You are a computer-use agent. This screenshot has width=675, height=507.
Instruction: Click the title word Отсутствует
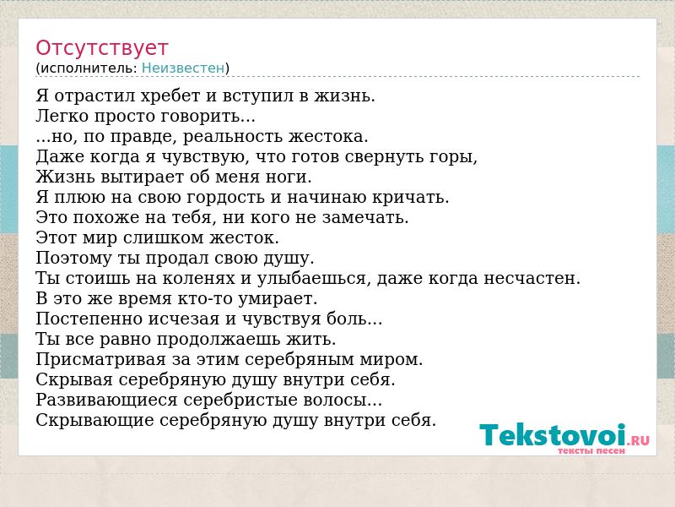coord(101,48)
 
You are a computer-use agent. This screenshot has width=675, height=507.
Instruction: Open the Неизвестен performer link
coord(183,68)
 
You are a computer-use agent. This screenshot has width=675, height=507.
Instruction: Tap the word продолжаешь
coord(219,340)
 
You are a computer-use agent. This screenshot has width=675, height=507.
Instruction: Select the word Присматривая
coord(100,360)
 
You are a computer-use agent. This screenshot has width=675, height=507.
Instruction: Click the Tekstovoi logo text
coord(553,434)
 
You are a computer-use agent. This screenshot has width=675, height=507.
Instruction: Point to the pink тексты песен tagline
coord(591,451)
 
